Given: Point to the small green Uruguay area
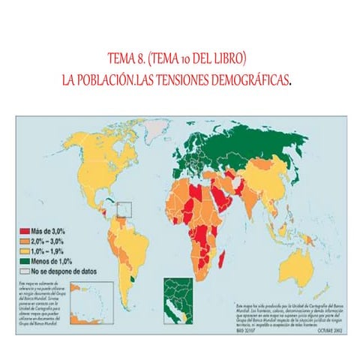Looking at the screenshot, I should [x=133, y=278].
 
